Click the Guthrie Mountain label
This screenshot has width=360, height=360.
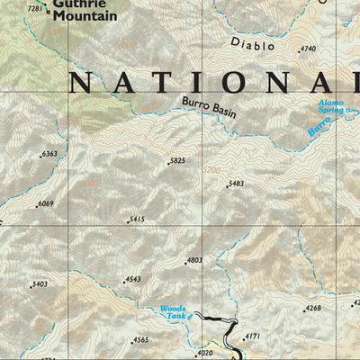[84, 11]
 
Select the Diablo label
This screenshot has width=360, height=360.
[252, 43]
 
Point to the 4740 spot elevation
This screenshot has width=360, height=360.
[309, 49]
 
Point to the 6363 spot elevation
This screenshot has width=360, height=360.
[49, 154]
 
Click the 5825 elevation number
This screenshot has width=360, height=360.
[177, 161]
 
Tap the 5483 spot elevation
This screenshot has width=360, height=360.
[235, 184]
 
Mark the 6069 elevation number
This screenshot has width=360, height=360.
[45, 203]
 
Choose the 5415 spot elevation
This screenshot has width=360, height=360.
[136, 220]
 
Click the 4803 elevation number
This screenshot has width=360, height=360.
[193, 260]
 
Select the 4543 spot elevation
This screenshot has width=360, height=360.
[132, 279]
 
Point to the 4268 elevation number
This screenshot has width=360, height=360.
[312, 308]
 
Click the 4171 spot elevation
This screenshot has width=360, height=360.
[252, 336]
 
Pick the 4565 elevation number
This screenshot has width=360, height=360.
[140, 339]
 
